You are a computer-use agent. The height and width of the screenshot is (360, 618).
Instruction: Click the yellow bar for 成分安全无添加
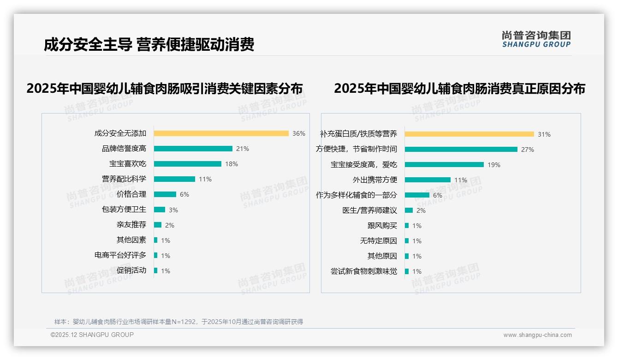pos(221,133)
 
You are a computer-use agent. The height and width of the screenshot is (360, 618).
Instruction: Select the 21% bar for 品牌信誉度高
pos(193,149)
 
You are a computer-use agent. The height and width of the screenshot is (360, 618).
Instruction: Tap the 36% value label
pos(298,133)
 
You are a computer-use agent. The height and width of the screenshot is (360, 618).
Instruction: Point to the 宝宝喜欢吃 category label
pos(128,164)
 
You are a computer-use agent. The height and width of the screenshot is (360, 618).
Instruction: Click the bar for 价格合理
pos(165,194)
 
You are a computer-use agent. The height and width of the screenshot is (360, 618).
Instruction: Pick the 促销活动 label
pos(131,270)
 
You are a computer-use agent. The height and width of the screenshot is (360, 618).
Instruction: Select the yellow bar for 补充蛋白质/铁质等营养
pos(469,134)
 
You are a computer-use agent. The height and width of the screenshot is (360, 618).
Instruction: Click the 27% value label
pos(527,150)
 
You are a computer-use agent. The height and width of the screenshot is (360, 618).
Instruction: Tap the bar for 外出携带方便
pos(428,180)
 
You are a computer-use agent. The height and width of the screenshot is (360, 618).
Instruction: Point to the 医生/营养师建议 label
pos(369,210)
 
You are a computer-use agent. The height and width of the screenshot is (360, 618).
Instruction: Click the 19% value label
pos(493,165)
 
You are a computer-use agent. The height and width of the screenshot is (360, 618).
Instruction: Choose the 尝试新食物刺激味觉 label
pos(363,271)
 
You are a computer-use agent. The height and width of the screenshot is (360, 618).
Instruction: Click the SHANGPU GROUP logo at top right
pos(536,39)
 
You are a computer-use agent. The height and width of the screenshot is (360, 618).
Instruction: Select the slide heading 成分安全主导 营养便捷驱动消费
pos(149,45)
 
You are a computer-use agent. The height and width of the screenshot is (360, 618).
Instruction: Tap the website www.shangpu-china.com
pos(537,335)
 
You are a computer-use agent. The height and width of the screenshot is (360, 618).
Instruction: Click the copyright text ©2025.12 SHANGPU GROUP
pos(92,335)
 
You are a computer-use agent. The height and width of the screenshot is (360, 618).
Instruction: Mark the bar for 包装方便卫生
pos(159,210)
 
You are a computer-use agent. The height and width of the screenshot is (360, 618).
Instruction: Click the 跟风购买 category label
pos(382,226)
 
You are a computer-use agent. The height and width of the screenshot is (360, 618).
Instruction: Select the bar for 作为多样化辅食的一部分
pos(417,195)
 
